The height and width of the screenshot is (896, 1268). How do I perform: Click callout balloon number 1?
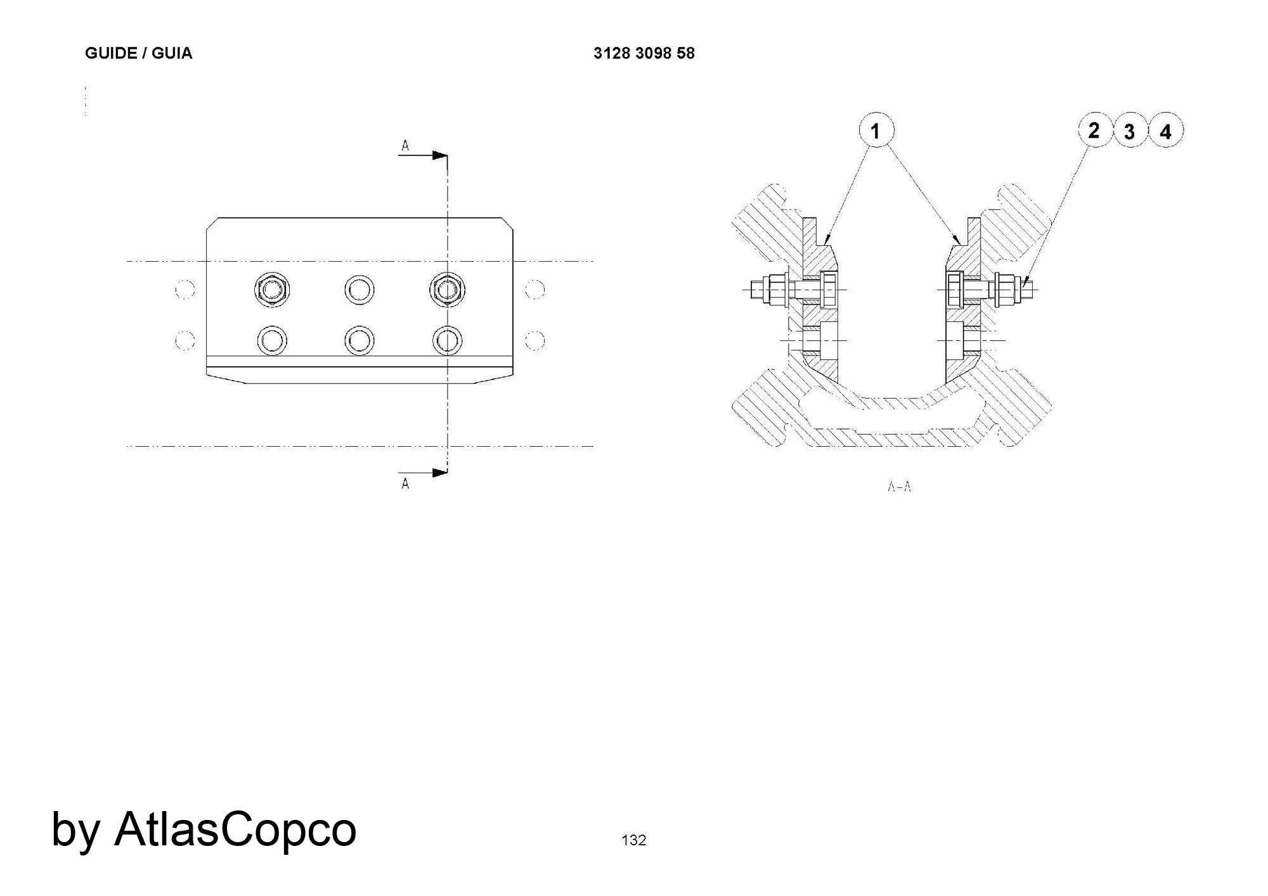click(x=876, y=131)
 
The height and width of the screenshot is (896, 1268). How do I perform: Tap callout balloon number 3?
click(x=1130, y=132)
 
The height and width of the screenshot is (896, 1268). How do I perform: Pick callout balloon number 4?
click(x=1165, y=132)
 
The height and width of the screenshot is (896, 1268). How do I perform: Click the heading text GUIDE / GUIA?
click(x=138, y=53)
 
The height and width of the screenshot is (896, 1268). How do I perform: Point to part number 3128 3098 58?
click(x=644, y=53)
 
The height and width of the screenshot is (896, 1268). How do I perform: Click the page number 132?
click(x=633, y=840)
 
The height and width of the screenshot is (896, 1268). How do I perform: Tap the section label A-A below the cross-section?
click(x=899, y=487)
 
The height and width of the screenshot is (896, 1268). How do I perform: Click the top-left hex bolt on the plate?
click(x=272, y=290)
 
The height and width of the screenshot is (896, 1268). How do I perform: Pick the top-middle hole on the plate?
click(x=359, y=290)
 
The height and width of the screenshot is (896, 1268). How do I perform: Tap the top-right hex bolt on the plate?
click(x=447, y=290)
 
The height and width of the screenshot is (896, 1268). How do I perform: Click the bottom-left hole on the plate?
click(x=272, y=340)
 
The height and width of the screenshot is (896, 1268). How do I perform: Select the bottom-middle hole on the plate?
click(x=359, y=340)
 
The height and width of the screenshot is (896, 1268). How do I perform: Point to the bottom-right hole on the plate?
click(x=447, y=340)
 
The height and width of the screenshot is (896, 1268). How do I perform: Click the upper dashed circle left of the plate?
click(x=184, y=290)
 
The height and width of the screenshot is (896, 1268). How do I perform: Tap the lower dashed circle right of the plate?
click(x=535, y=340)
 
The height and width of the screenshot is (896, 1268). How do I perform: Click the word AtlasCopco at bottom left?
click(x=235, y=829)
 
